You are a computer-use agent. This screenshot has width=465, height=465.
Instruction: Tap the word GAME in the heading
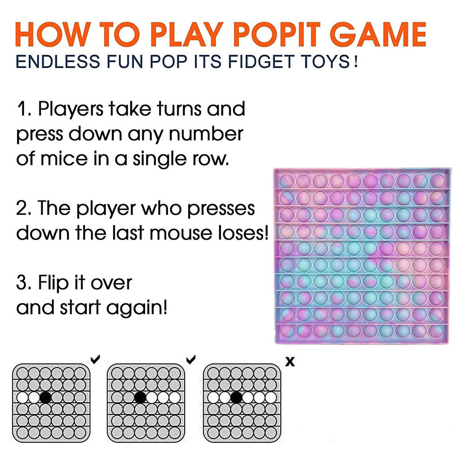pyautogui.click(x=378, y=34)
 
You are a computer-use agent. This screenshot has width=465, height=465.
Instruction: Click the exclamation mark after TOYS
pyautogui.click(x=356, y=62)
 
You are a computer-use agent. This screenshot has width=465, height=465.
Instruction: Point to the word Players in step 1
pyautogui.click(x=71, y=109)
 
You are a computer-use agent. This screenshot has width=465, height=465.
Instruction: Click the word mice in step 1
pyautogui.click(x=64, y=159)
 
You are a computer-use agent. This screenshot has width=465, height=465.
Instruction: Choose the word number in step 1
pyautogui.click(x=206, y=134)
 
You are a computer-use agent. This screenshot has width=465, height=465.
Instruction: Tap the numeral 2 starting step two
pyautogui.click(x=22, y=208)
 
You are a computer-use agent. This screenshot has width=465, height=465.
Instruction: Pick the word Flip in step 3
pyautogui.click(x=53, y=283)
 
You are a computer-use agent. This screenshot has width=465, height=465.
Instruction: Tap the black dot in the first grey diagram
pyautogui.click(x=46, y=398)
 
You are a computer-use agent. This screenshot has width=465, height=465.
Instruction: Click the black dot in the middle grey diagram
pyautogui.click(x=140, y=398)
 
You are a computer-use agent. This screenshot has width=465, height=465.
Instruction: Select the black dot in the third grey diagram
pyautogui.click(x=236, y=398)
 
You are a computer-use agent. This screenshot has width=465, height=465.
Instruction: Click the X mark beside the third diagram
pyautogui.click(x=290, y=362)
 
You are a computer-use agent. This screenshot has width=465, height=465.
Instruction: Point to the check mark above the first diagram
pyautogui.click(x=95, y=359)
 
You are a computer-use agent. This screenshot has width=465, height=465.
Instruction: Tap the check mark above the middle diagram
pyautogui.click(x=191, y=359)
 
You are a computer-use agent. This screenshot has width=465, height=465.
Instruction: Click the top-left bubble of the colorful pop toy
pyautogui.click(x=287, y=180)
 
